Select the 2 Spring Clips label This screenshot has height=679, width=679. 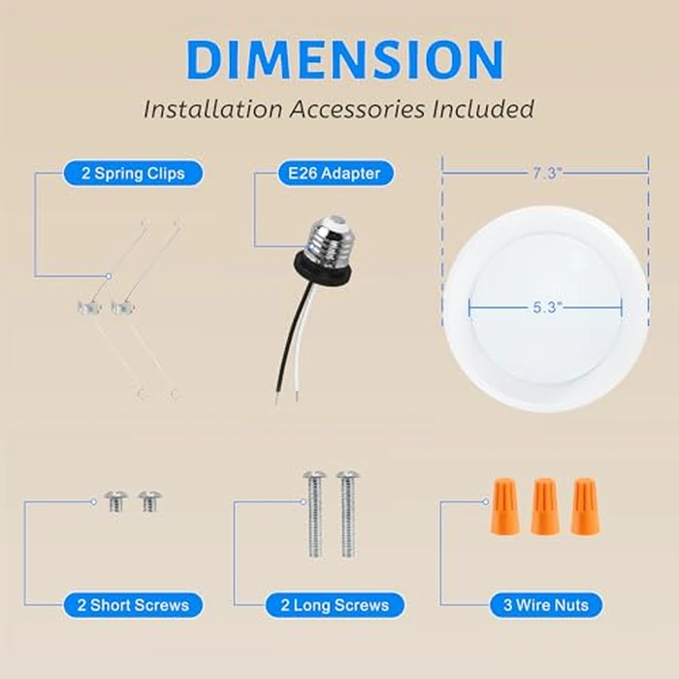(135, 174)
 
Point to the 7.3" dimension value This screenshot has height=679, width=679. (545, 173)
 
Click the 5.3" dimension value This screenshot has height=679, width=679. (545, 306)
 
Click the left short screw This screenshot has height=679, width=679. (116, 501)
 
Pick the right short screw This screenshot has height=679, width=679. (149, 501)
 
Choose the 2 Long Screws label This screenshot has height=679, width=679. (336, 605)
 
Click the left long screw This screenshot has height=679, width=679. (314, 515)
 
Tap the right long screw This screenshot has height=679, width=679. (347, 515)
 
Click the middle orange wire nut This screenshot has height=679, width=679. (545, 505)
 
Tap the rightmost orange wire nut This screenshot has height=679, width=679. (584, 505)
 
